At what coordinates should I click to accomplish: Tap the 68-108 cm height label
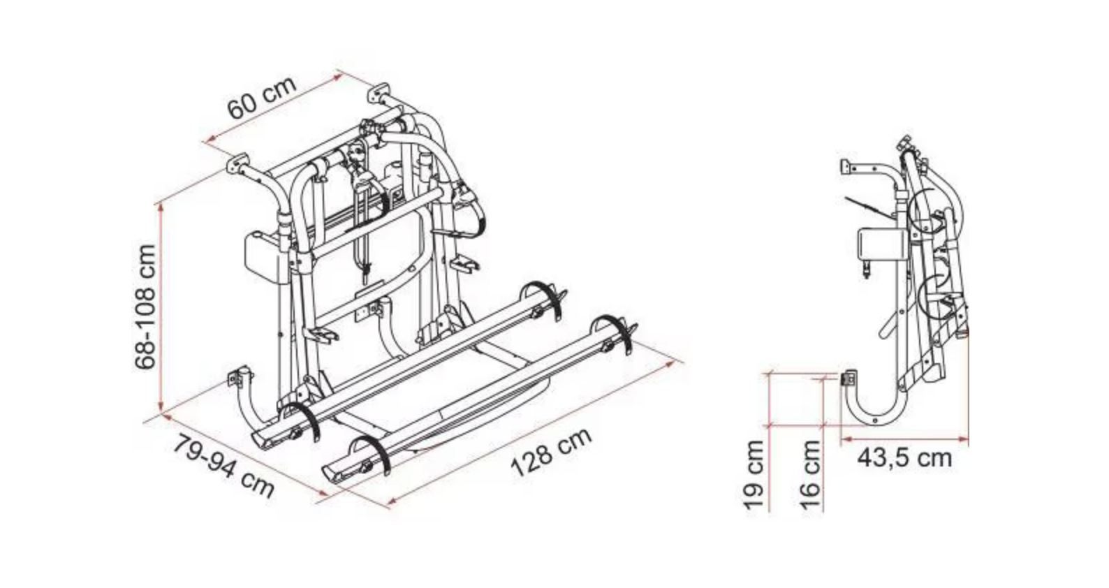coord(145,307)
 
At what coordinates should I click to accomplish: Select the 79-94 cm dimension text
coord(223,466)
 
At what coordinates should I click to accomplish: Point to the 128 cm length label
coord(551,453)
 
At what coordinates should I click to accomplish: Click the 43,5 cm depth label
coord(904,458)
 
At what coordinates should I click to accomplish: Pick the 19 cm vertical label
coord(754,475)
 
